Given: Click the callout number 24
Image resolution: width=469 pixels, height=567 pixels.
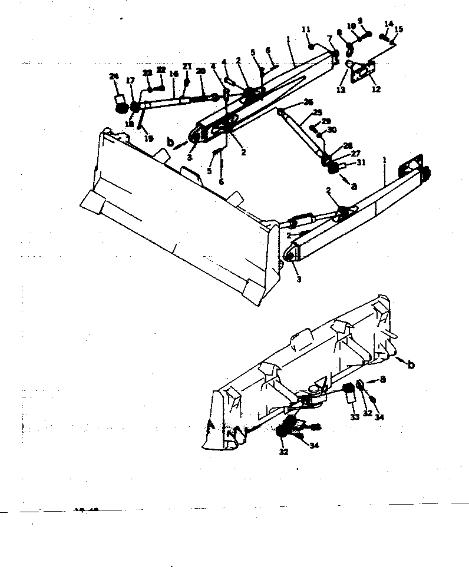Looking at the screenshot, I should (114, 77).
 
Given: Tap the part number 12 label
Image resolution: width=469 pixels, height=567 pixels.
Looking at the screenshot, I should (376, 90).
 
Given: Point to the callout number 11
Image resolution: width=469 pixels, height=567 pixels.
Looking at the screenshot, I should (306, 29).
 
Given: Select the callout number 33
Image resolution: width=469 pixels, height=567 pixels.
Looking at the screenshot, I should (355, 417).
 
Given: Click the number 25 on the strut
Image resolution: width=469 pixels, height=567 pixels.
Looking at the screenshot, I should (318, 112).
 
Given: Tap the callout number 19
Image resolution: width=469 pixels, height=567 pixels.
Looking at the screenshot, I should (149, 139).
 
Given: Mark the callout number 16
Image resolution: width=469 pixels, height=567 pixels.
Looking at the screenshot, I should (174, 74).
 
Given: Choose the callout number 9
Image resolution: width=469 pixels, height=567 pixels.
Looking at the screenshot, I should (360, 21).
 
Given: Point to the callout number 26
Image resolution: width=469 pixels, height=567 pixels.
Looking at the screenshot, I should (309, 102).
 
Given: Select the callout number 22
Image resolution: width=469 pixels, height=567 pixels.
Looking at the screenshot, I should (161, 70).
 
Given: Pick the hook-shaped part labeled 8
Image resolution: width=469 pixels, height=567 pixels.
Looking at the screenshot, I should (348, 45).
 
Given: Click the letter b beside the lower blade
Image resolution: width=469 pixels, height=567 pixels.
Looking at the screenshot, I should (411, 366).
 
